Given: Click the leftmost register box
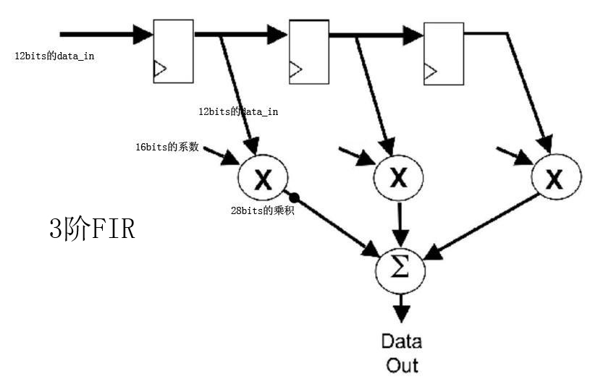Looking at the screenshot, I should (174, 51).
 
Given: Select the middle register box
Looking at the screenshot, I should (309, 51).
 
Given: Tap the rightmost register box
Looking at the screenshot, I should (443, 52).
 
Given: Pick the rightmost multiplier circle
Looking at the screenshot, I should (555, 178).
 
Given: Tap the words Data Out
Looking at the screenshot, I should (402, 352).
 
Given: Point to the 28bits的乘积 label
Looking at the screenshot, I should (262, 211).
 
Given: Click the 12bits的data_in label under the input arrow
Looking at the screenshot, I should (54, 56).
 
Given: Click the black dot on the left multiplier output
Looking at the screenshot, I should (294, 197).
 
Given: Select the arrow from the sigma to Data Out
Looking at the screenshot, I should (400, 307).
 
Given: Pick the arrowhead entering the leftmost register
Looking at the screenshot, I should (142, 33).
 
